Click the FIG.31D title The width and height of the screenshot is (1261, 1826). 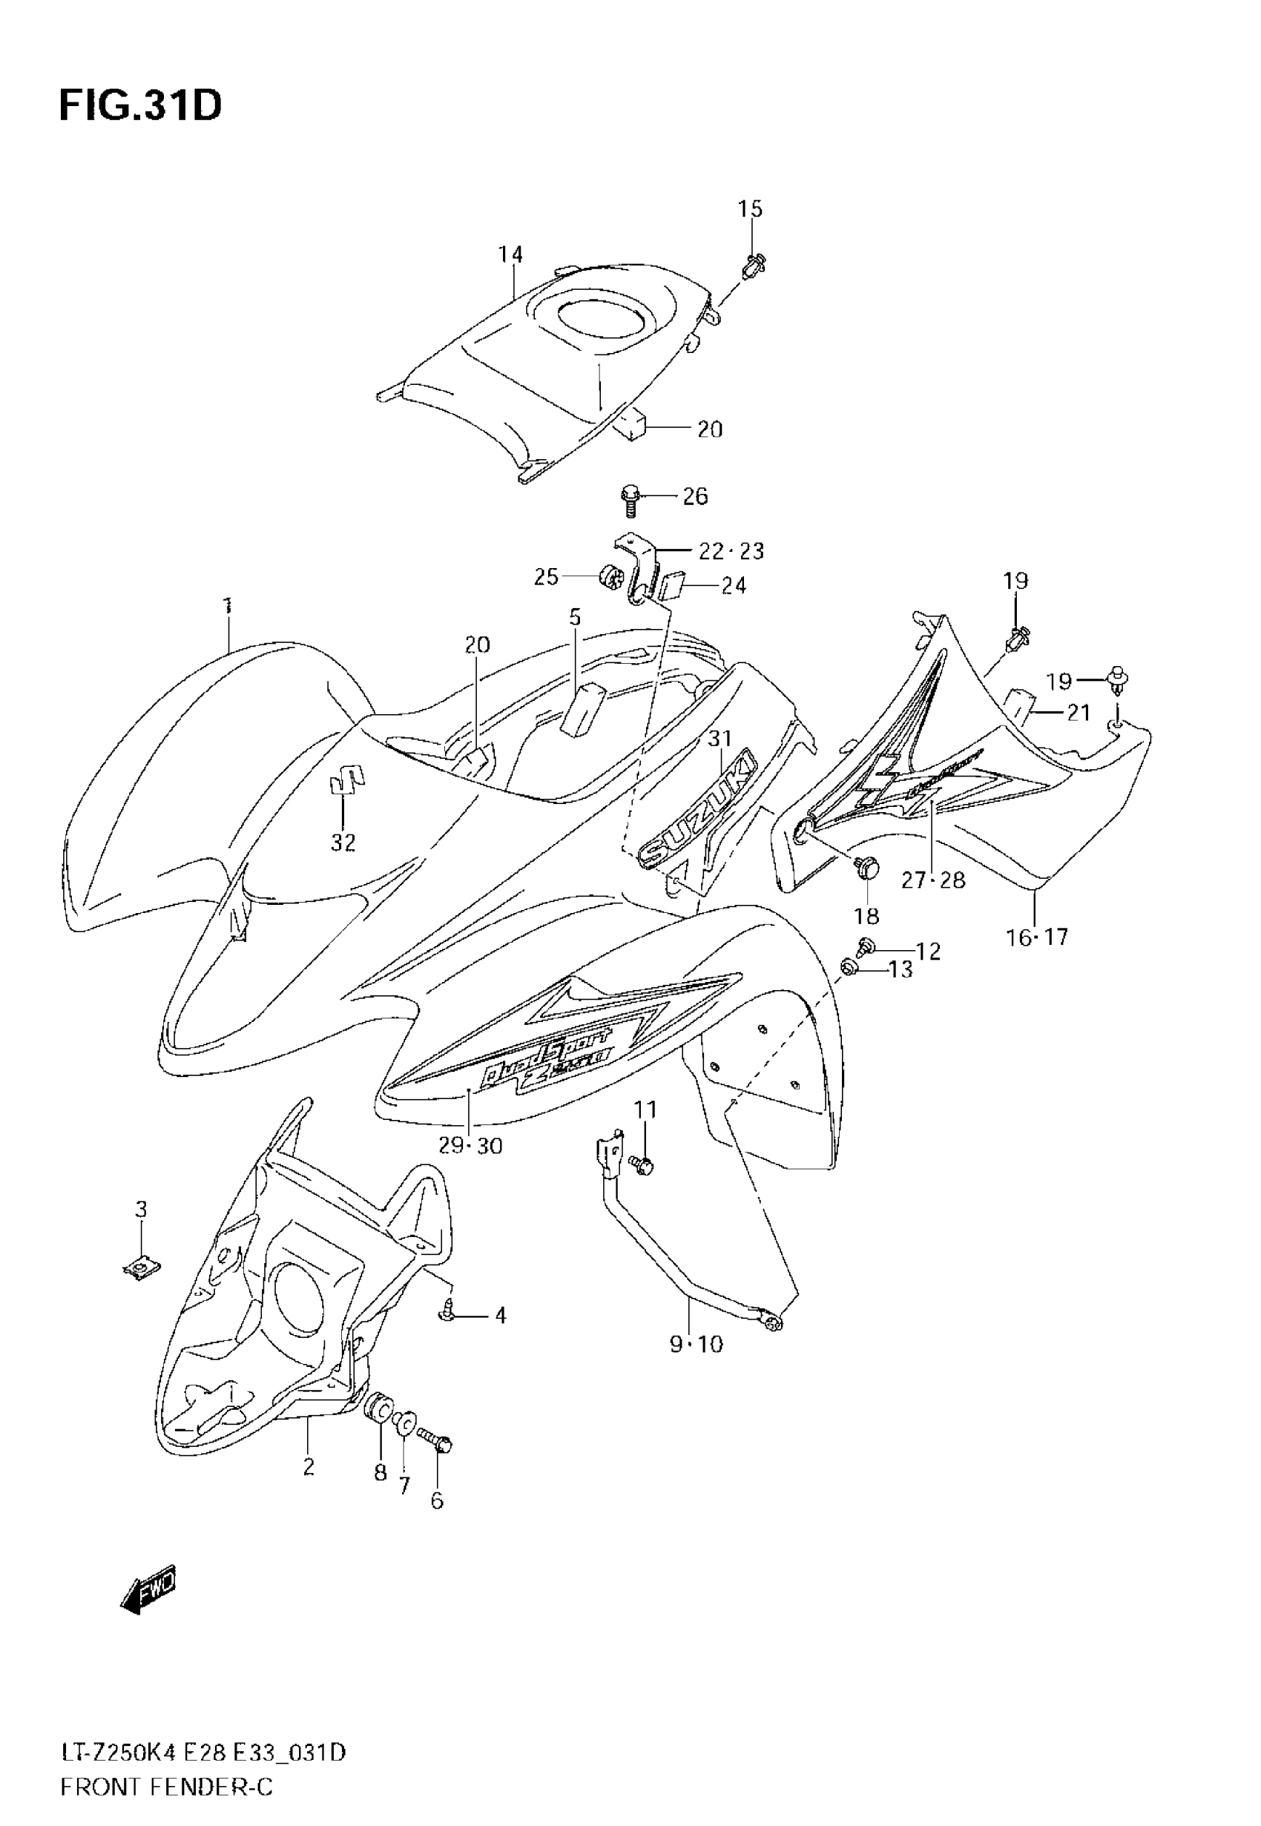(x=140, y=106)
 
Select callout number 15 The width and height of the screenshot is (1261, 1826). (x=750, y=209)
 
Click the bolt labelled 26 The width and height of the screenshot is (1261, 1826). (x=630, y=499)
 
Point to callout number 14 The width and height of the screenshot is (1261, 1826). (x=510, y=254)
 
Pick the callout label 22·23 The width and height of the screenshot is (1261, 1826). (x=731, y=550)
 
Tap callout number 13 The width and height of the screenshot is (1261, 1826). (x=901, y=969)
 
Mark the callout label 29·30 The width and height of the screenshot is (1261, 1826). (x=471, y=1145)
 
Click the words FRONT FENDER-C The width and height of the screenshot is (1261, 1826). (x=167, y=1787)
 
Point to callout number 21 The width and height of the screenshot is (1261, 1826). (x=1079, y=713)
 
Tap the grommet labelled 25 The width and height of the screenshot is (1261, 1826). (x=611, y=576)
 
